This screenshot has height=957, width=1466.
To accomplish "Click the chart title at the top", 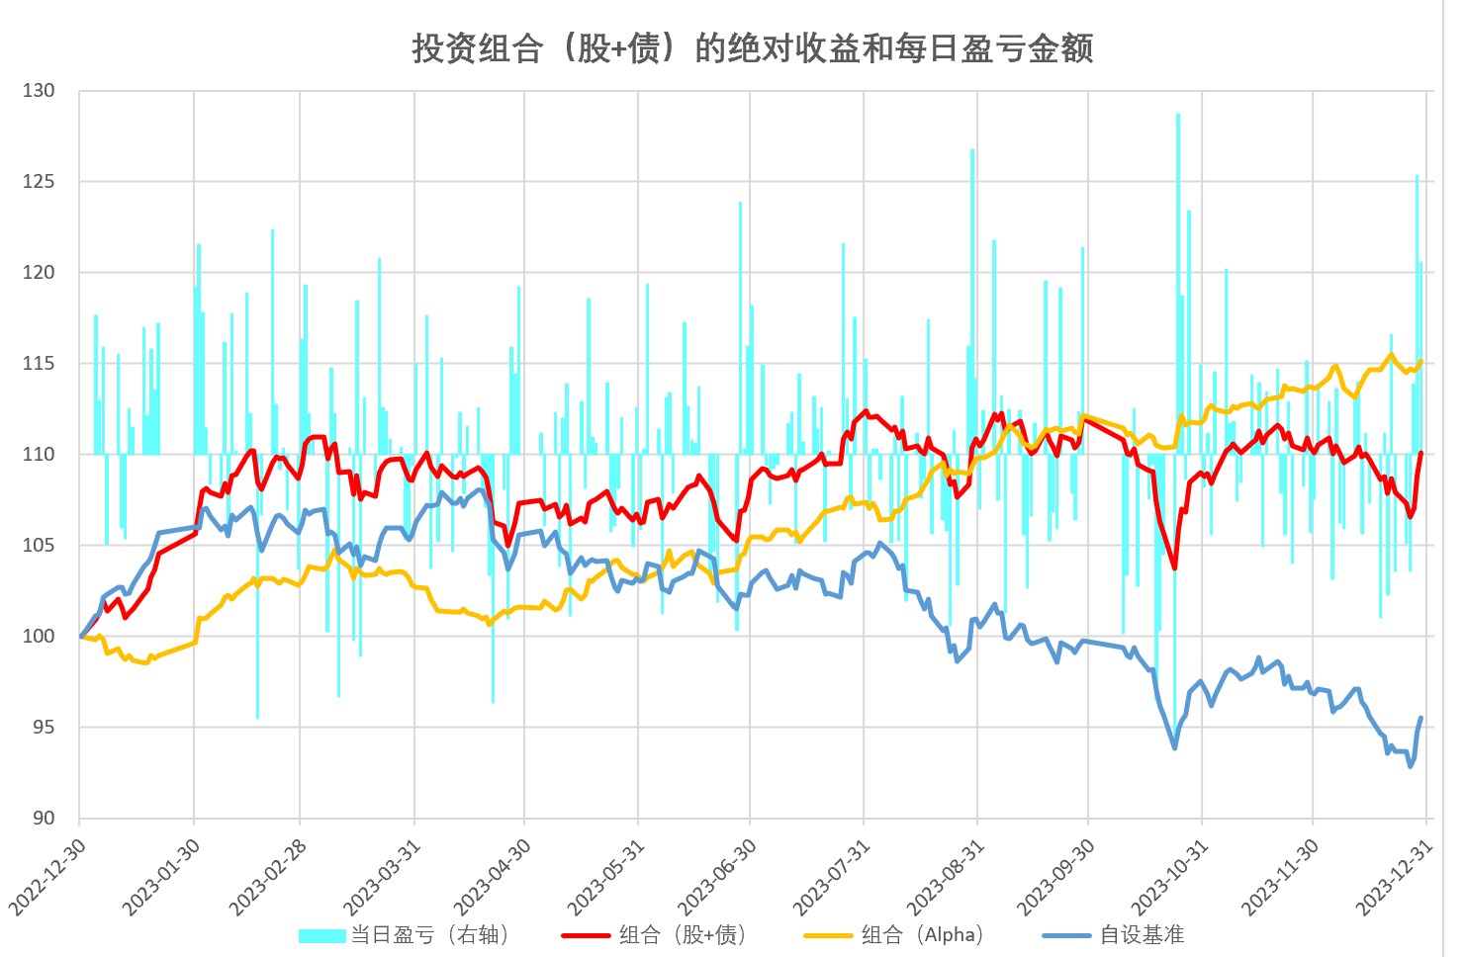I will (x=752, y=47).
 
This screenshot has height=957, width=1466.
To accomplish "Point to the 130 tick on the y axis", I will (x=39, y=91).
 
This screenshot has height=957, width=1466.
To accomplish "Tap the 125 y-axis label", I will (x=39, y=182).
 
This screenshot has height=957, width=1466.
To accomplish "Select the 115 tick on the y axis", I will (x=39, y=364).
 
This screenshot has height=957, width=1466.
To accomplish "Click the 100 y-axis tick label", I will (x=39, y=636).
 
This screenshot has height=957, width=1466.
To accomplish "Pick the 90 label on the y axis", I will (x=44, y=818).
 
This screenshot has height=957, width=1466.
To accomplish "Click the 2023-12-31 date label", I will (x=1396, y=876).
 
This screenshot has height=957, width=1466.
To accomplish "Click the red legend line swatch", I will (x=585, y=934).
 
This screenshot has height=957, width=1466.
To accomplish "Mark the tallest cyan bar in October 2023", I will (x=1177, y=116).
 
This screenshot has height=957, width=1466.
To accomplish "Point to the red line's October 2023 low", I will (x=1174, y=567).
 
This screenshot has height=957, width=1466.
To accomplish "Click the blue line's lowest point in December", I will (x=1411, y=766).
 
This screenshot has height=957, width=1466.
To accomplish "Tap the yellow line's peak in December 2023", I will (x=1391, y=355).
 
